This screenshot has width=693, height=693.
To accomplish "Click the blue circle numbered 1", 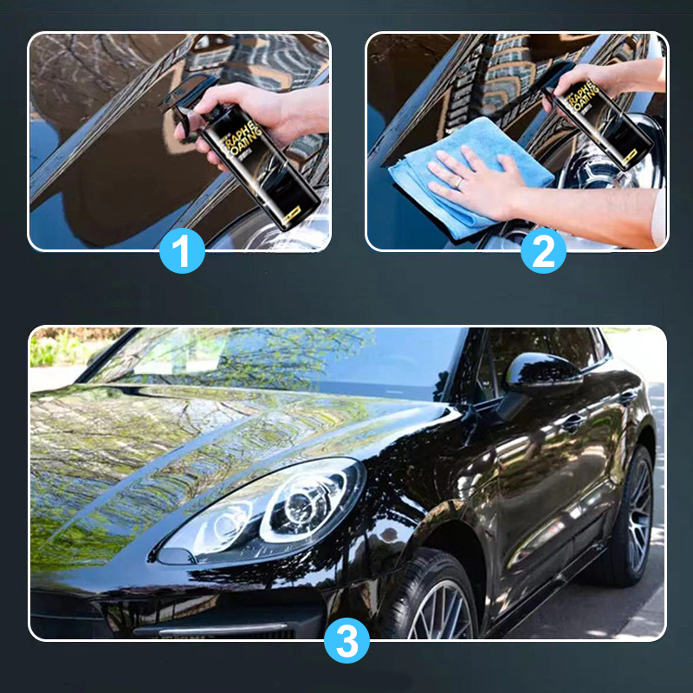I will [x=182, y=251].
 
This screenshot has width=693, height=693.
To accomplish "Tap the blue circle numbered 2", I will [x=543, y=251].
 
